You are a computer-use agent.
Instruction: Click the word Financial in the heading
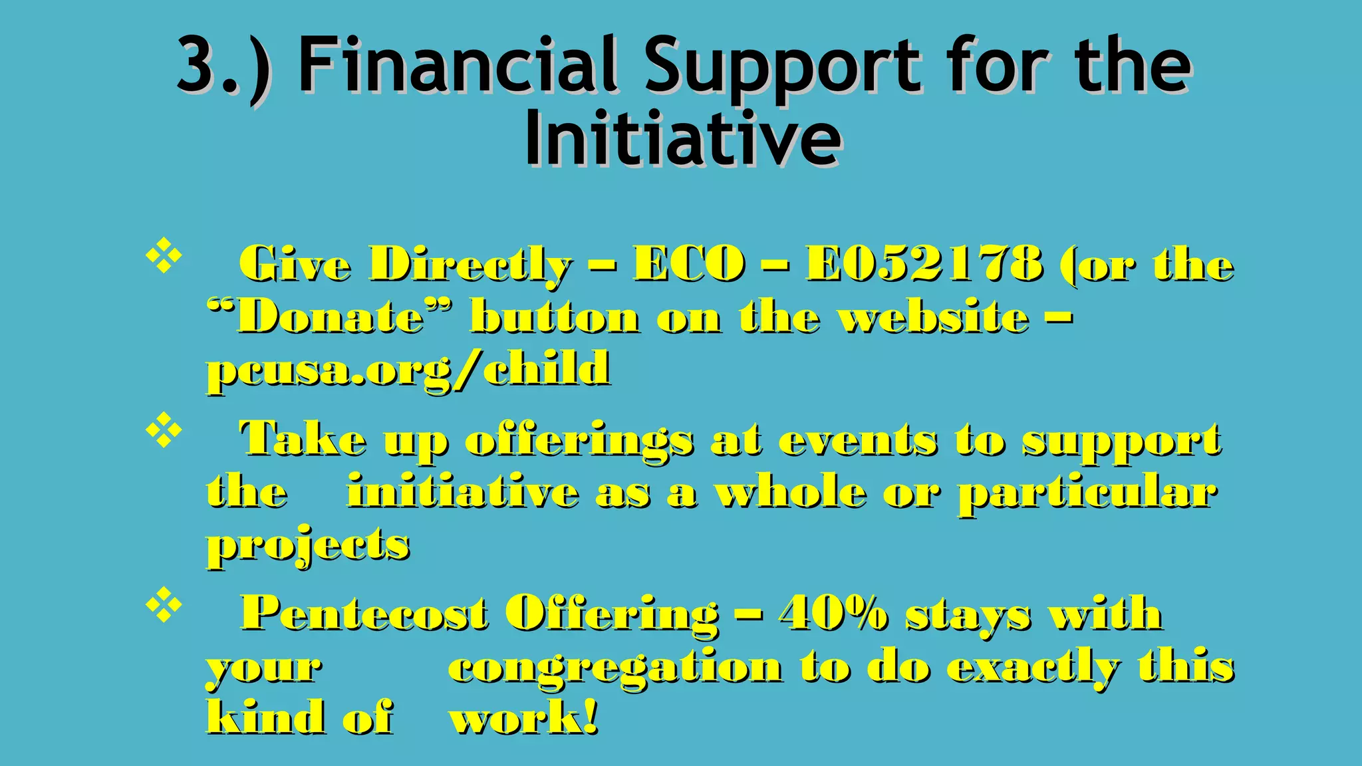click(460, 64)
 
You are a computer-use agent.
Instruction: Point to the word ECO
click(689, 263)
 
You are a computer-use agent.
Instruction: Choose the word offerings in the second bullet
click(579, 440)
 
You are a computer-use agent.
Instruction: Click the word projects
click(308, 545)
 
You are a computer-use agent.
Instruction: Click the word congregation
click(616, 667)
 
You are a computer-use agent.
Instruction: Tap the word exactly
click(1033, 667)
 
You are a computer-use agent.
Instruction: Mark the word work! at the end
click(524, 718)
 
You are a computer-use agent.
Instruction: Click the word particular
click(1087, 493)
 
